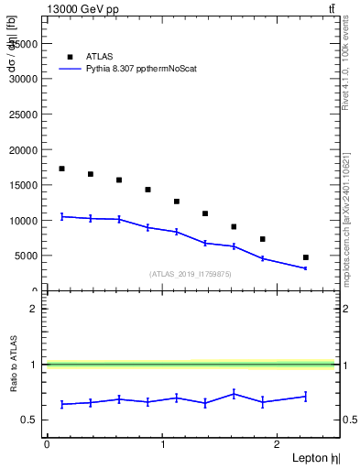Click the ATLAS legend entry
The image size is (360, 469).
101,56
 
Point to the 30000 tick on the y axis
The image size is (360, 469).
24,79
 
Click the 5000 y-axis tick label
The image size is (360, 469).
27,256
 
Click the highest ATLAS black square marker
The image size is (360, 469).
61,169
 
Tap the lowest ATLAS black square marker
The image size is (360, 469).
305,257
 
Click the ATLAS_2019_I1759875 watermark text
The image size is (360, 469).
191,274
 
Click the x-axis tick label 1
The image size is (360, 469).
161,444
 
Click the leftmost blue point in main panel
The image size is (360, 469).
61,216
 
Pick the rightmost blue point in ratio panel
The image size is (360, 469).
305,397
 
